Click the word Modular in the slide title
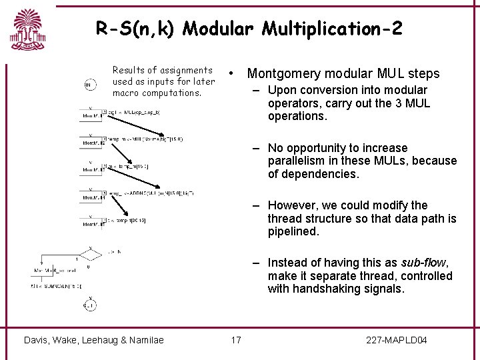tap(217, 29)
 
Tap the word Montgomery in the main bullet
tap(281, 73)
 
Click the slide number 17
tap(236, 341)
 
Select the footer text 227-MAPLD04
tap(397, 341)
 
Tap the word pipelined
tap(293, 231)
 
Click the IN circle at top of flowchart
tap(89, 85)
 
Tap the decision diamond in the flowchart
tap(90, 255)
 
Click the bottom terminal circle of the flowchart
tap(89, 305)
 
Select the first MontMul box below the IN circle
tap(89, 115)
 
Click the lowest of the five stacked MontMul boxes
tap(89, 225)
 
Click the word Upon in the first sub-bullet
tap(281, 90)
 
